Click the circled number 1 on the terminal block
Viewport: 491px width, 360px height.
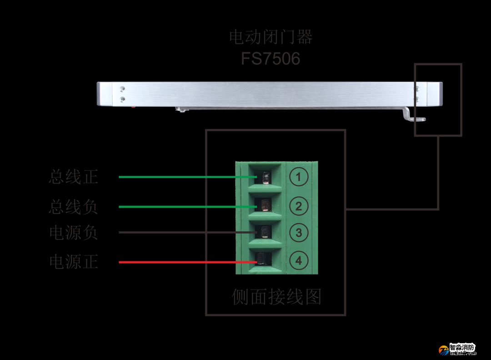click(x=299, y=177)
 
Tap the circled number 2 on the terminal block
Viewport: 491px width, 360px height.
click(x=299, y=206)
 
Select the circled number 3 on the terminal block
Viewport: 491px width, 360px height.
click(x=299, y=233)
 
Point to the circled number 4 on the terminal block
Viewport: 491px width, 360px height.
click(x=299, y=260)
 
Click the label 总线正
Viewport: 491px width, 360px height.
click(x=73, y=177)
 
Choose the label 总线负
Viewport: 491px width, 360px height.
click(x=73, y=207)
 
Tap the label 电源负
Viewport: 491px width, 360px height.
click(x=73, y=233)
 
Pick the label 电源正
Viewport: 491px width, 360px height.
click(x=73, y=262)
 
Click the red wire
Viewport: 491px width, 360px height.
click(x=182, y=262)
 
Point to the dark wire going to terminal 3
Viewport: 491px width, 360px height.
click(x=182, y=233)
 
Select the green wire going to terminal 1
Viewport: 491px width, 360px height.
click(x=182, y=177)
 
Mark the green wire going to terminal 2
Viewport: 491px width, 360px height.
click(x=182, y=207)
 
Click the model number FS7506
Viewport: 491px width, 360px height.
click(x=271, y=59)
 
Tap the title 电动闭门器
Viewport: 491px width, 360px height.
click(x=271, y=37)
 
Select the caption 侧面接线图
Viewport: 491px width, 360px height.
click(x=276, y=297)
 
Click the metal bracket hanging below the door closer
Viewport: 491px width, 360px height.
click(x=413, y=116)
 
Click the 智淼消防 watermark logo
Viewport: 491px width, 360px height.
click(x=457, y=349)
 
